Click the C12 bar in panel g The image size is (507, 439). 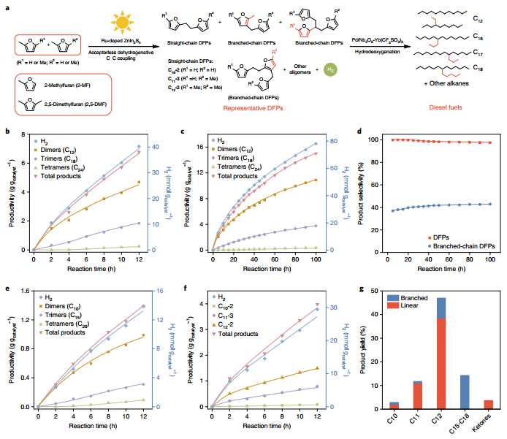(x=441, y=351)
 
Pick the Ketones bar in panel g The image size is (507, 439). (x=489, y=402)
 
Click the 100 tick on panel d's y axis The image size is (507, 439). (x=378, y=140)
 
